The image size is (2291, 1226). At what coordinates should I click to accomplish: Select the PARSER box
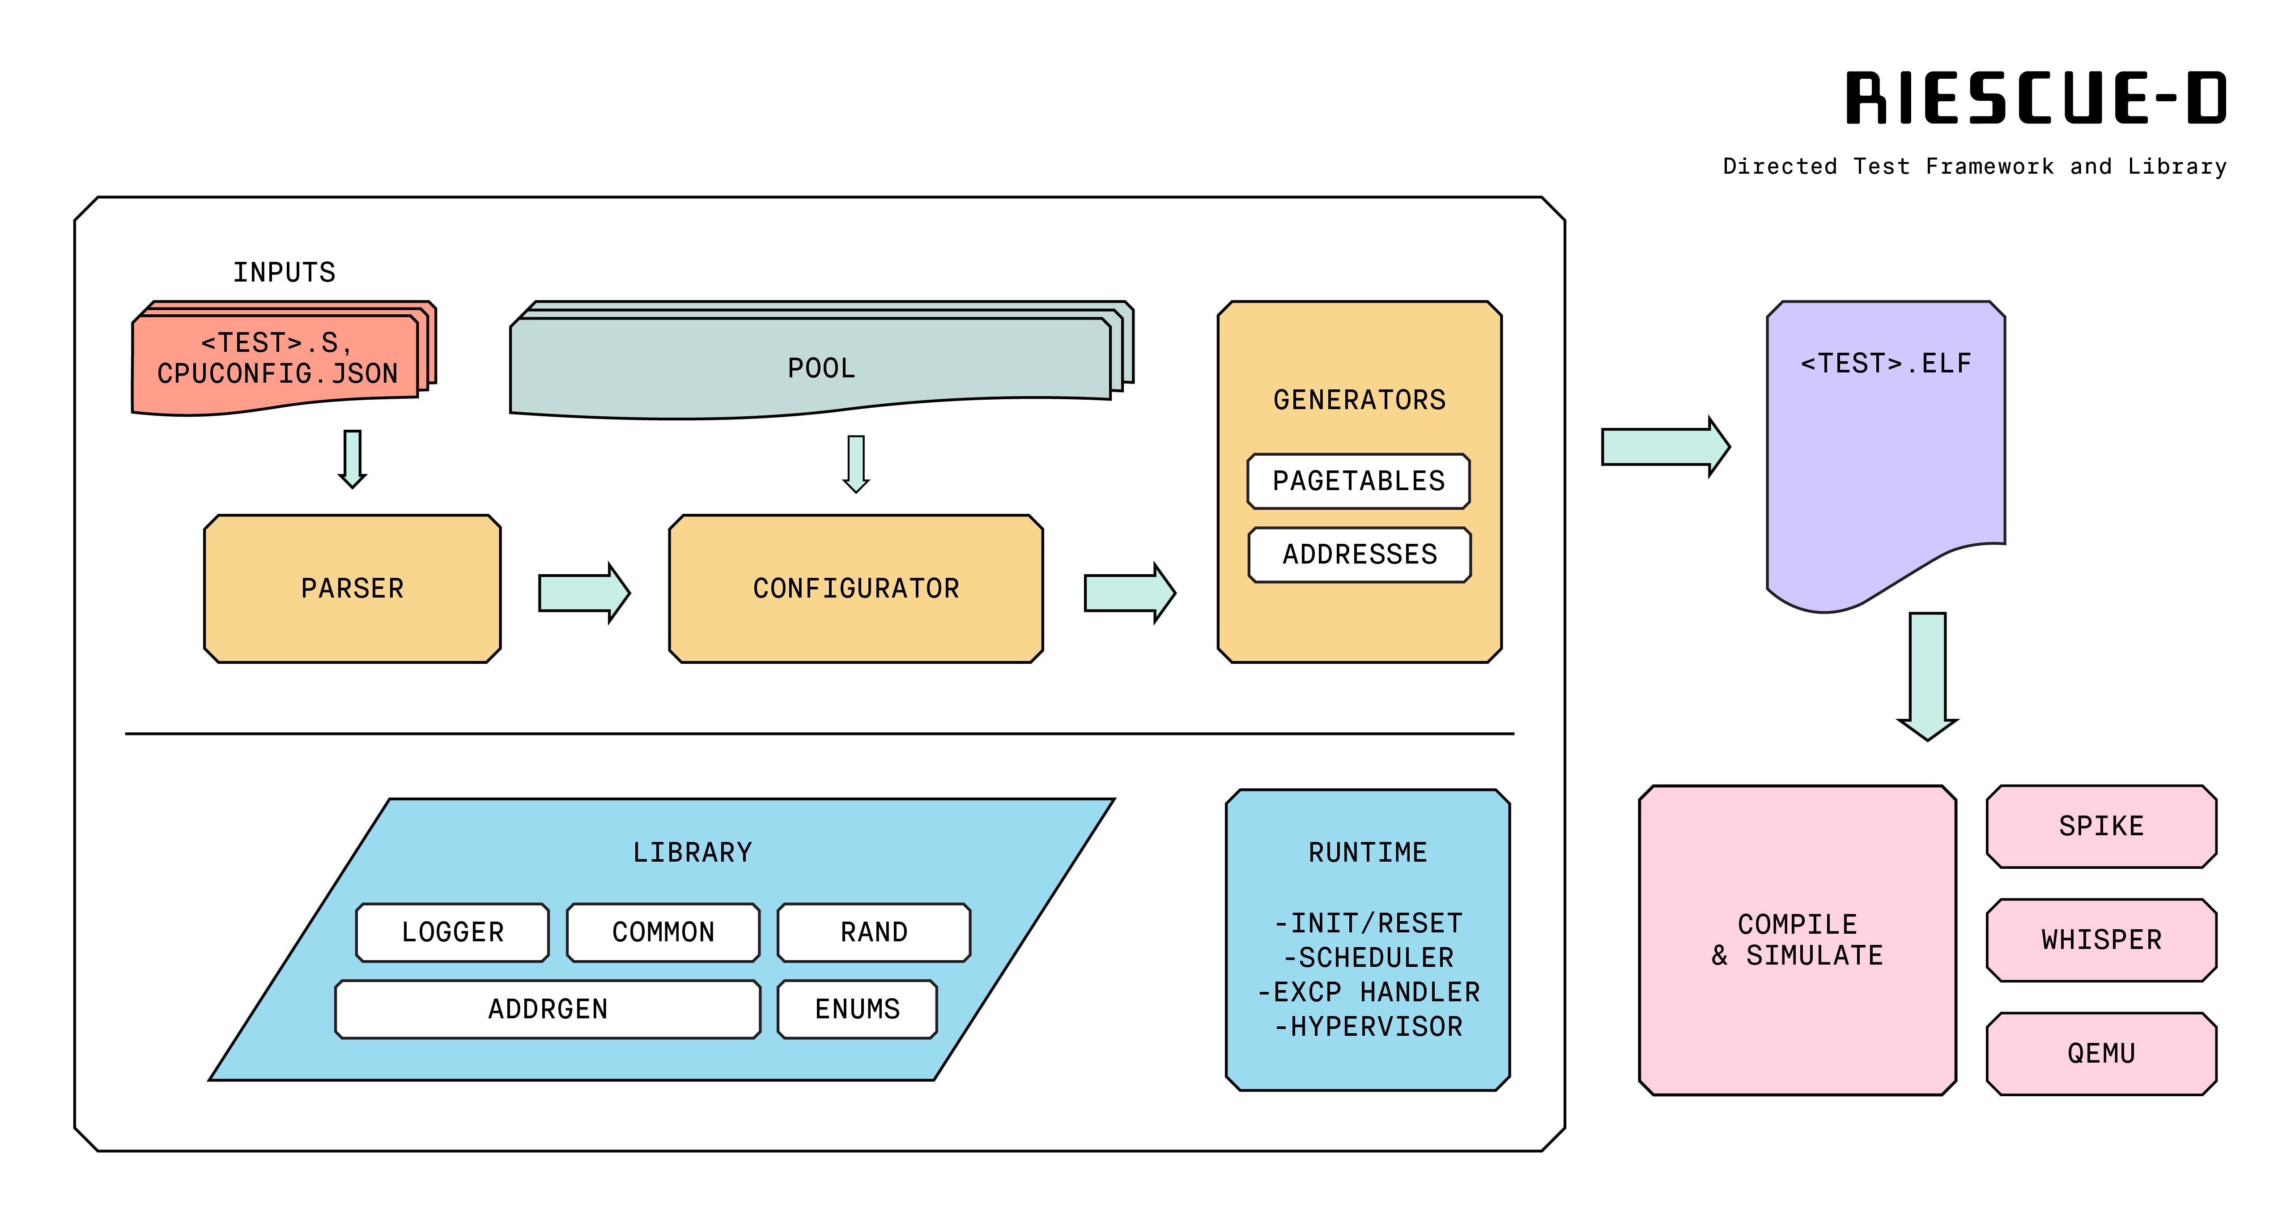[352, 588]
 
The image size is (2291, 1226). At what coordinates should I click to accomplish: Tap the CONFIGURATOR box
[855, 588]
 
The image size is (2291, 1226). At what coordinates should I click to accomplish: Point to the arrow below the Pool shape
[855, 463]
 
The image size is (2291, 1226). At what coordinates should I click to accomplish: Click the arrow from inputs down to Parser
[352, 458]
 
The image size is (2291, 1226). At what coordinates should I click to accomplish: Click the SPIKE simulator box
[2101, 826]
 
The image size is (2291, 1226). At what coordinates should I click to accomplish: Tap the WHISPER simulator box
[2101, 940]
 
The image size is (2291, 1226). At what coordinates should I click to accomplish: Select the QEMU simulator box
[2101, 1053]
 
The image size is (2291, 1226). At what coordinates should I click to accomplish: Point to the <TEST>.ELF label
[1885, 363]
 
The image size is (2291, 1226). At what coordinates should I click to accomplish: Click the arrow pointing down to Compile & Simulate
[1927, 676]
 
